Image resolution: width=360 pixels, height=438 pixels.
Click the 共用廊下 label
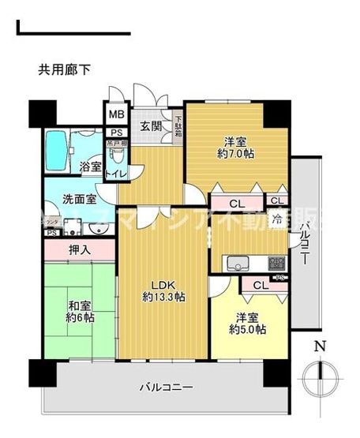pyautogui.click(x=64, y=69)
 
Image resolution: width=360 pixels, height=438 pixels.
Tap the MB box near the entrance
pyautogui.click(x=116, y=115)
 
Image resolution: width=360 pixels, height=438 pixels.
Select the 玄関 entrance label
pyautogui.click(x=151, y=127)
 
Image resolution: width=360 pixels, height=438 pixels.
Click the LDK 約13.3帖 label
pyautogui.click(x=164, y=291)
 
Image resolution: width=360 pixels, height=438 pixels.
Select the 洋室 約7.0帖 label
pyautogui.click(x=235, y=148)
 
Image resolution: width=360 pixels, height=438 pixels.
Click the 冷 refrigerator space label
pyautogui.click(x=278, y=219)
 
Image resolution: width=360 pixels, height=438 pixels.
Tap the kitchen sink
pyautogui.click(x=236, y=263)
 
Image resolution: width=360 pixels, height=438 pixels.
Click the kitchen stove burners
pyautogui.click(x=276, y=262)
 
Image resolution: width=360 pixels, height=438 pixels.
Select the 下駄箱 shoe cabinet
pyautogui.click(x=178, y=127)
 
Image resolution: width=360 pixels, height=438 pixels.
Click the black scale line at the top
pyautogui.click(x=72, y=33)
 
